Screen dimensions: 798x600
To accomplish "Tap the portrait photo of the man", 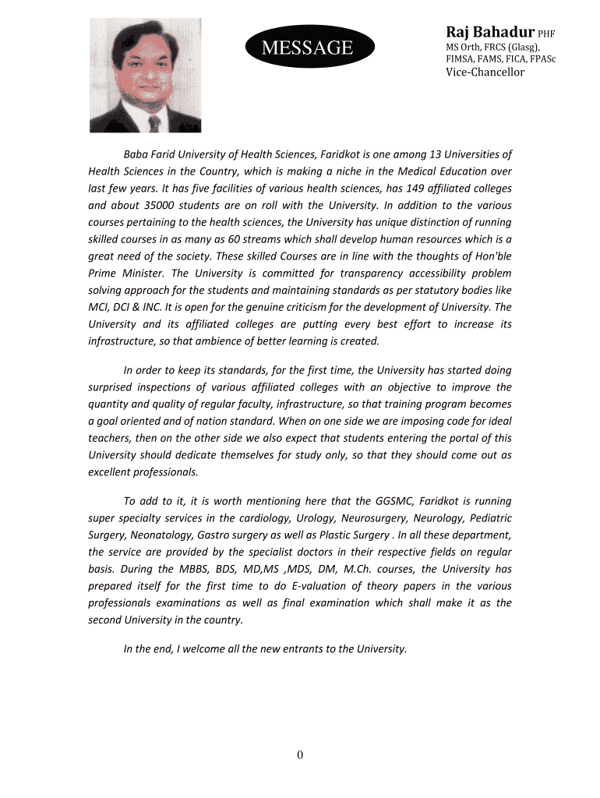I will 145,75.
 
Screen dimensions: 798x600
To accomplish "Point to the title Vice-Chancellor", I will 485,72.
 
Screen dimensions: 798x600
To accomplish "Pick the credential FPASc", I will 539,58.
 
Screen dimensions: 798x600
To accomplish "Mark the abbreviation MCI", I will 99,307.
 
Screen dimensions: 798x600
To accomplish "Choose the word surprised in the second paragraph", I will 114,387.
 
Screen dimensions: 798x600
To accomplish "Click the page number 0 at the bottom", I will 300,754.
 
